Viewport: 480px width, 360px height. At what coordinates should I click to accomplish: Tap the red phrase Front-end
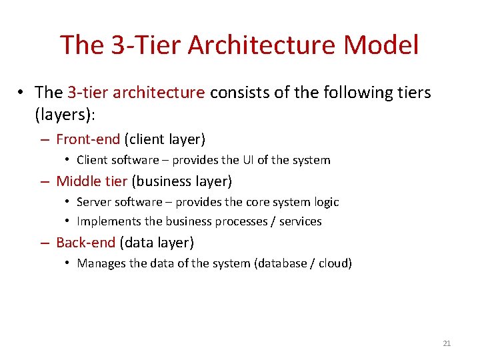88,139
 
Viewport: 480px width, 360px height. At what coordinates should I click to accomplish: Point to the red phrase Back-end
85,243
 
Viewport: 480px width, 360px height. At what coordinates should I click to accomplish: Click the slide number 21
447,343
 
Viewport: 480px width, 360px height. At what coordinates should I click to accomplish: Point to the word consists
235,92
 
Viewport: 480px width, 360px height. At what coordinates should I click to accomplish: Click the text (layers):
65,115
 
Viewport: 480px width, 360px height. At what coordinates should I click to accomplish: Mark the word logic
325,202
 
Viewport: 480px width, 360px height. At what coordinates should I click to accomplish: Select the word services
300,221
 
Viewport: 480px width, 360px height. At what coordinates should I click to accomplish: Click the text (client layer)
165,139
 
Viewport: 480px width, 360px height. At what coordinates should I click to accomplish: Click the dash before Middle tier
44,181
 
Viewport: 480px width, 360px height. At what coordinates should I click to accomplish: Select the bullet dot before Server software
68,202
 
